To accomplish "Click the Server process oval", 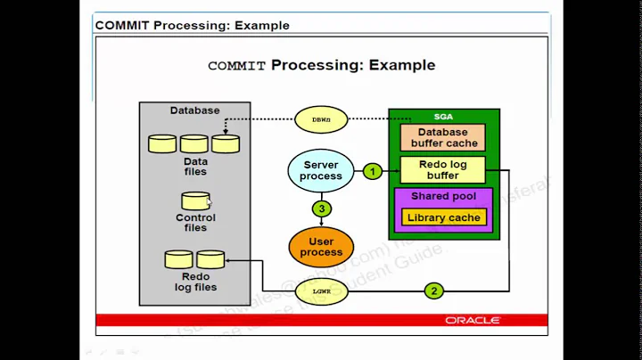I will pos(321,170).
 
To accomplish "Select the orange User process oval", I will pos(321,246).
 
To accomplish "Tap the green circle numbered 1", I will pos(374,170).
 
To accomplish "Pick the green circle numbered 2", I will pos(434,290).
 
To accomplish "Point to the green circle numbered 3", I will pos(321,209).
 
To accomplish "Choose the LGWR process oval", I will pos(322,290).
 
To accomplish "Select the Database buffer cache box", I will pos(444,137).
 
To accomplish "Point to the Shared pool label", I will pos(443,195).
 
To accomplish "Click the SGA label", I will pos(443,118).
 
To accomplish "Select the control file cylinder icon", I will pos(195,201).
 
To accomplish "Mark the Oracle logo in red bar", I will pos(473,320).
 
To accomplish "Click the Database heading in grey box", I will pos(194,110).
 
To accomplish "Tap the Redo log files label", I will pos(194,282).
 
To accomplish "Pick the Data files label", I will pos(195,167).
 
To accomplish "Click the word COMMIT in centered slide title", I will pos(237,65).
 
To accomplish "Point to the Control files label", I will pos(195,223).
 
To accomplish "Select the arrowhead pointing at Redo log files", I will pos(230,260).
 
